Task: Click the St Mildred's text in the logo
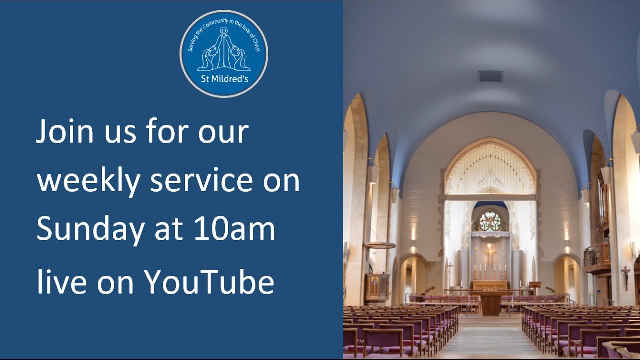[x=224, y=79]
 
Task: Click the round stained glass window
[x=490, y=221]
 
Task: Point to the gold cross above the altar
[x=490, y=253]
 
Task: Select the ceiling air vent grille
[x=490, y=76]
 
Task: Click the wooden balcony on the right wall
[x=597, y=257]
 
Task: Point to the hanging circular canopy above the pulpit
[x=380, y=245]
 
